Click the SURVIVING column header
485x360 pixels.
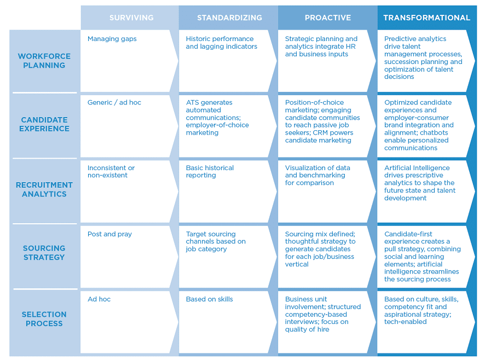click(131, 18)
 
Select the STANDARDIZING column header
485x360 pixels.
click(229, 18)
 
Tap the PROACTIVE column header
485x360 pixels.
click(328, 18)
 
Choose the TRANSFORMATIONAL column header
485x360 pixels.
click(427, 18)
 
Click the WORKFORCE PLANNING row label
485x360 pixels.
click(44, 61)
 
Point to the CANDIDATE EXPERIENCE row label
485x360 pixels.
click(44, 124)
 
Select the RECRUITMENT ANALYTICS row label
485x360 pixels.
click(44, 189)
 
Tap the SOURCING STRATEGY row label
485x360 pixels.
click(44, 253)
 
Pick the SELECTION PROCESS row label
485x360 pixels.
click(44, 319)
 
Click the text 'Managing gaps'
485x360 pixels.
click(112, 39)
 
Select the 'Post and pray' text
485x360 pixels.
click(109, 234)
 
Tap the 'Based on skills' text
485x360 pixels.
click(210, 299)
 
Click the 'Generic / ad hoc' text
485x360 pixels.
click(114, 102)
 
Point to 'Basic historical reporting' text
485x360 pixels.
click(210, 171)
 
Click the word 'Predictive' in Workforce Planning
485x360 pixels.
click(400, 39)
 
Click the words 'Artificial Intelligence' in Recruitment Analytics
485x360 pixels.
click(417, 167)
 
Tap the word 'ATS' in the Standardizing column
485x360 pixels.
click(192, 102)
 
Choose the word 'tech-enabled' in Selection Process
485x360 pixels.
click(405, 322)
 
